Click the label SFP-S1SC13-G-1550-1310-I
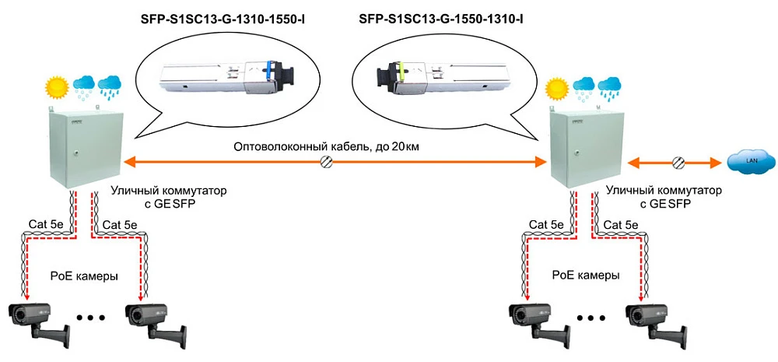pos(440,16)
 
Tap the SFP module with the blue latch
pos(220,76)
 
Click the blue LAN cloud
pos(752,162)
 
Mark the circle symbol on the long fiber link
pos(328,162)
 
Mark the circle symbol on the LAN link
pos(679,162)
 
